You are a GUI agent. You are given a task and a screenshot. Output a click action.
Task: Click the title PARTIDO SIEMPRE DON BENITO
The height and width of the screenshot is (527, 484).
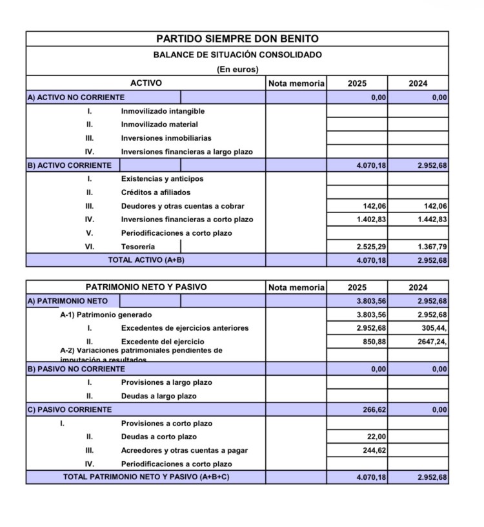click(237, 39)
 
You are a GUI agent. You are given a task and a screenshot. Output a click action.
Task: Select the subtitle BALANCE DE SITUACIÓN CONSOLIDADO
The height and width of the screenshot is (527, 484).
click(237, 55)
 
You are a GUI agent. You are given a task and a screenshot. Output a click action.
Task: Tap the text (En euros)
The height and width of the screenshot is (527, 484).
click(237, 69)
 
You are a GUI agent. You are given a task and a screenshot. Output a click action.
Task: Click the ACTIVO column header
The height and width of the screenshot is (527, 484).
click(146, 83)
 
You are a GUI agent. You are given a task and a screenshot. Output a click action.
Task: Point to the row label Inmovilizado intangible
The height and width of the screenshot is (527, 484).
click(163, 111)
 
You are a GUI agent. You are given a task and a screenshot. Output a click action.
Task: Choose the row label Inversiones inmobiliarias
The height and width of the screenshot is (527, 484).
click(166, 138)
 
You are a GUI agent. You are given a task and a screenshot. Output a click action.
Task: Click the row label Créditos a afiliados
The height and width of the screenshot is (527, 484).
click(156, 192)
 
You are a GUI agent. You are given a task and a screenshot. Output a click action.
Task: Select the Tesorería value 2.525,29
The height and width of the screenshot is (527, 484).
click(371, 247)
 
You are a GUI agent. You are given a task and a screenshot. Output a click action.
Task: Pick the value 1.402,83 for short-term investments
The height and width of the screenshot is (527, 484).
click(371, 220)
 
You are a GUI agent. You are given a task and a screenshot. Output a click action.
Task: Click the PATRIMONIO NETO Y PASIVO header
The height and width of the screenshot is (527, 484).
click(146, 287)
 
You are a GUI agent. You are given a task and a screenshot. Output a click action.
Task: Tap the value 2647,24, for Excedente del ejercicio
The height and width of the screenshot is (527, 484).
click(431, 342)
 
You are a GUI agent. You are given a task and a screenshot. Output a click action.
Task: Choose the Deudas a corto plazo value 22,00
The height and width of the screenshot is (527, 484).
click(377, 437)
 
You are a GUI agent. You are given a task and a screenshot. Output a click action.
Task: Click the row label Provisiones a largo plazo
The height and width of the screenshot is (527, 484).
click(166, 382)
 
